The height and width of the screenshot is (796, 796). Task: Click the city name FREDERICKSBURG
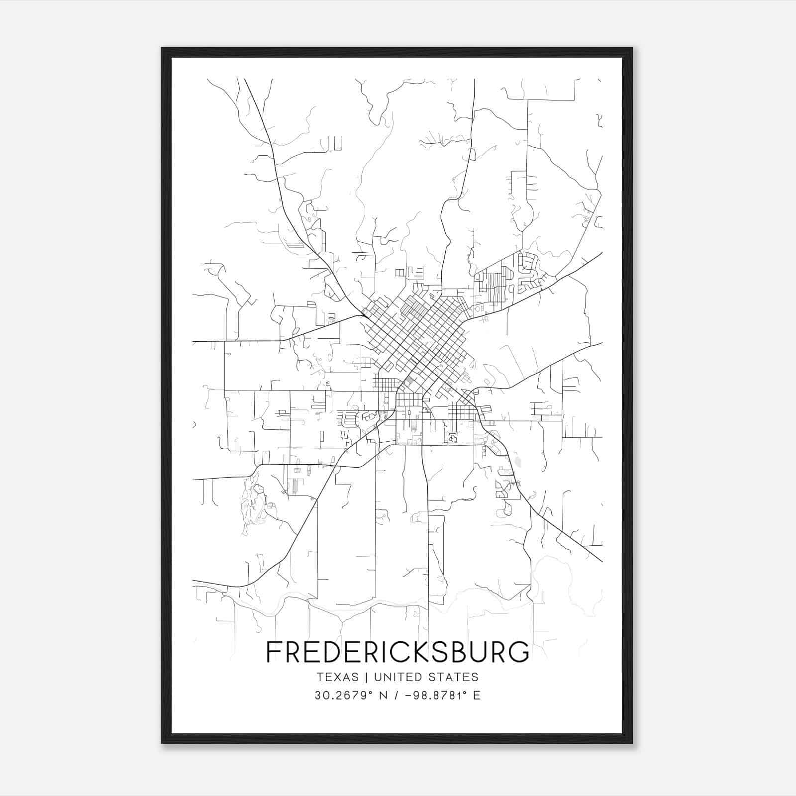(398, 652)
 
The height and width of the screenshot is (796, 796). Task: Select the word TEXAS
(337, 677)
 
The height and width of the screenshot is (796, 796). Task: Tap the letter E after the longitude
(477, 696)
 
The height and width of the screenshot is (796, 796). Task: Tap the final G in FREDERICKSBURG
(520, 652)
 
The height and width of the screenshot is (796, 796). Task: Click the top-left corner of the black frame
(162, 48)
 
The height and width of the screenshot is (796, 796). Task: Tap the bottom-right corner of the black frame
(632, 743)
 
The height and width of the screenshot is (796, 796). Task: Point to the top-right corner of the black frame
(632, 48)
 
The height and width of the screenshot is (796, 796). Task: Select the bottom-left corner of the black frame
(162, 743)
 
